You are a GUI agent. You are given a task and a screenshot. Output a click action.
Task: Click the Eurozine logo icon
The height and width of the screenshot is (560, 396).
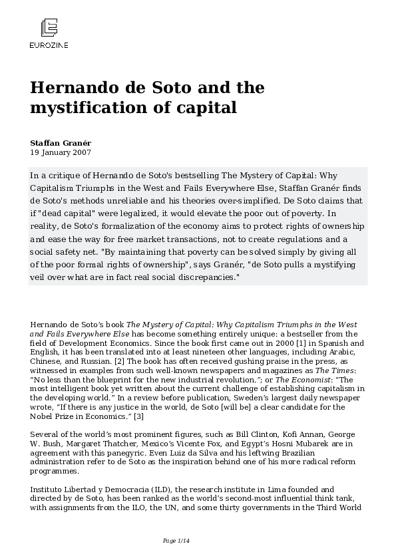tap(49, 29)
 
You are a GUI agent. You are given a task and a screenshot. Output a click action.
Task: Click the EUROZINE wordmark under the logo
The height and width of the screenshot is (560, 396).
tap(49, 45)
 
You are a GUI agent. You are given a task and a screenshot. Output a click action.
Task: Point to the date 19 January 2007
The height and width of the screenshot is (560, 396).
tap(60, 152)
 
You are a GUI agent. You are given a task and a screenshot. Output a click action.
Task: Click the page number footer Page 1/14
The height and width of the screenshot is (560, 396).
tap(177, 541)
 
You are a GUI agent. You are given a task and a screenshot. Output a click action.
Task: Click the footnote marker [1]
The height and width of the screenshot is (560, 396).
tap(253, 342)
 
